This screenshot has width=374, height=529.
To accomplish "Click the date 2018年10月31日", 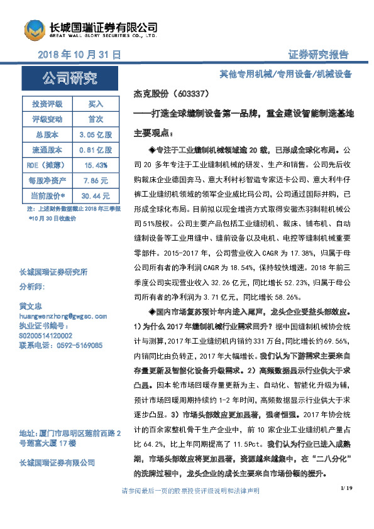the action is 79,55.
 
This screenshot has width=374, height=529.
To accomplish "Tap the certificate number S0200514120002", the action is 47,336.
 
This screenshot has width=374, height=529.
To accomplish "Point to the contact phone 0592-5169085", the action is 61,346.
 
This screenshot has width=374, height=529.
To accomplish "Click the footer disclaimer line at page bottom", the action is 187,508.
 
